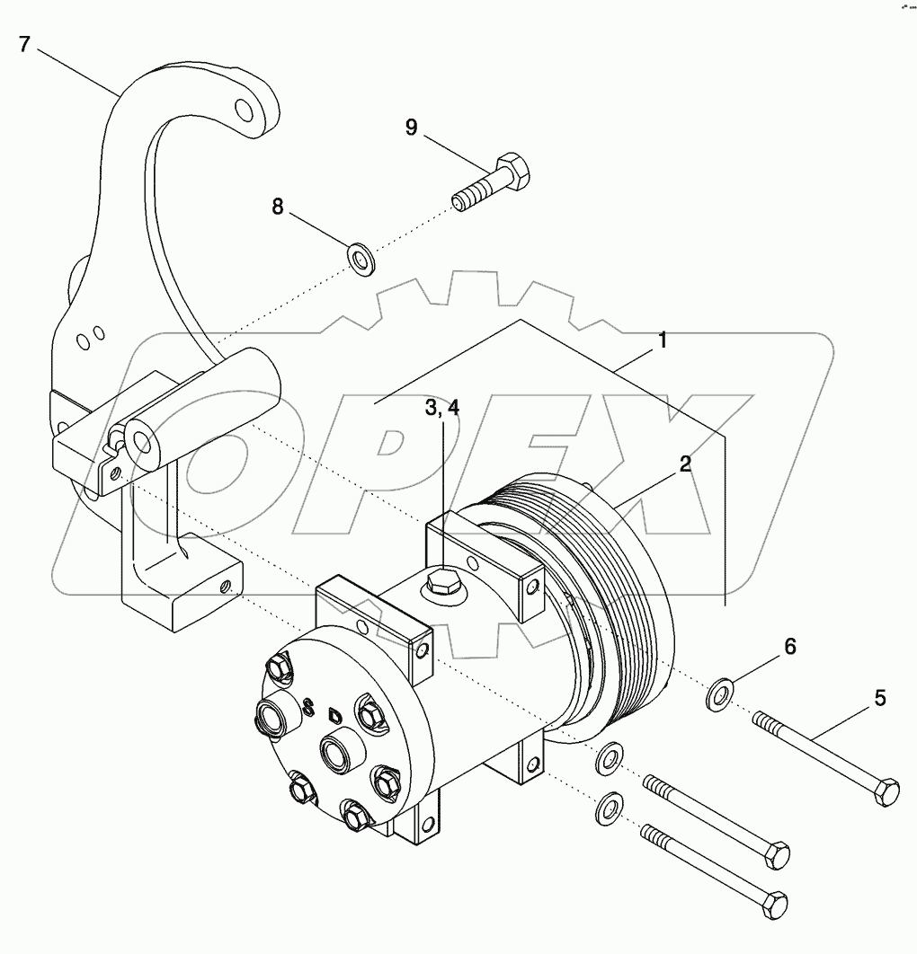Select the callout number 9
tap(411, 128)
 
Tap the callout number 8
tap(278, 207)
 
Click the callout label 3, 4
tap(441, 407)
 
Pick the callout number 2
tap(685, 464)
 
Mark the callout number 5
tap(880, 696)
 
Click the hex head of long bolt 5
tap(886, 791)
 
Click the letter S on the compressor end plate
tap(309, 707)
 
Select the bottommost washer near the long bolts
tap(611, 807)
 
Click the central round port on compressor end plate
tap(340, 750)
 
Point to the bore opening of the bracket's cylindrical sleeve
tap(142, 439)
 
